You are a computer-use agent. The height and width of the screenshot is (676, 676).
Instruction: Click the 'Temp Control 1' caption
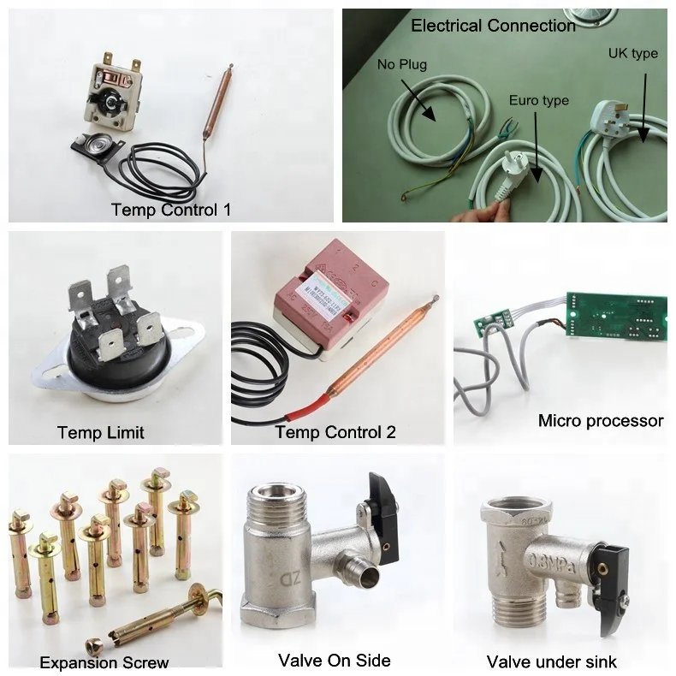(170, 209)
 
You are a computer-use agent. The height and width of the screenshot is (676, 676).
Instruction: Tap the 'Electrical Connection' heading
(493, 26)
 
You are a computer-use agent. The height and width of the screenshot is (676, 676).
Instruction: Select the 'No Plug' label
(402, 64)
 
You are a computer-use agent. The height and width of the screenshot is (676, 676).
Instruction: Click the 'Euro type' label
(538, 101)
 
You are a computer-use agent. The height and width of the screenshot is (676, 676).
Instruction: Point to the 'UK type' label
(632, 53)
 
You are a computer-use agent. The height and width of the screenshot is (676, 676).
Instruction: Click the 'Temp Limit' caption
(101, 431)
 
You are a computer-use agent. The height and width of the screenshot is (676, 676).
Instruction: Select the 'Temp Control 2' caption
(335, 431)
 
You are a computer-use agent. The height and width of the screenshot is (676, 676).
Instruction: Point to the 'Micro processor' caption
(601, 420)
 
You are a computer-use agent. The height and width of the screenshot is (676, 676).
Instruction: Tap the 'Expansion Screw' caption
(104, 661)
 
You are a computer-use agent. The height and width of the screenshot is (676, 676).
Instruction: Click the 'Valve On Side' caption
(335, 660)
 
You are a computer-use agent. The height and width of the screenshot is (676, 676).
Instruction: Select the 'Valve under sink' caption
(551, 661)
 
